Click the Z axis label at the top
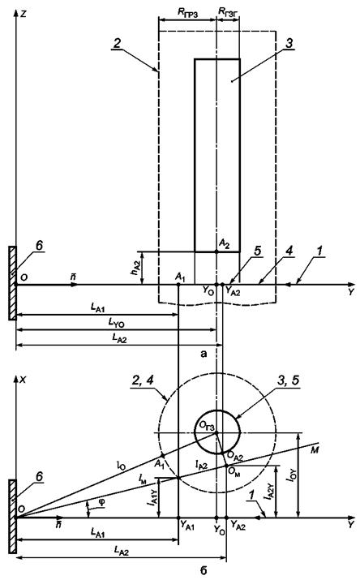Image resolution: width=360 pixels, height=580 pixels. (24, 14)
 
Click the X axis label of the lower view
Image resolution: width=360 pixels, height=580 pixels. (24, 380)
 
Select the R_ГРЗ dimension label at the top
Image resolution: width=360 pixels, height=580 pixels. (188, 13)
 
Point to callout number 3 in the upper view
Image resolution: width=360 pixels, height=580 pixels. (289, 43)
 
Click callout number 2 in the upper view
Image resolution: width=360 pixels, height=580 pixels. (117, 43)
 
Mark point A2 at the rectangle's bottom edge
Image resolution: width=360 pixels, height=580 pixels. (216, 251)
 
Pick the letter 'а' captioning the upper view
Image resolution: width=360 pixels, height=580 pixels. (204, 354)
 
